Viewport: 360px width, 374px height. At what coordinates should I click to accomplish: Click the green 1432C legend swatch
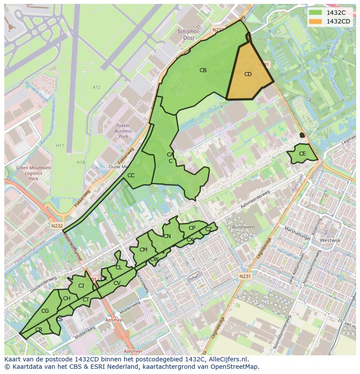click(316, 13)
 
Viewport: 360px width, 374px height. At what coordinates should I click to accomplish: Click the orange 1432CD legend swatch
click(316, 21)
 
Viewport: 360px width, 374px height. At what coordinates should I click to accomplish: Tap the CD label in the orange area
click(248, 74)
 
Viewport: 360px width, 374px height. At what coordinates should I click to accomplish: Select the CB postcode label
click(203, 70)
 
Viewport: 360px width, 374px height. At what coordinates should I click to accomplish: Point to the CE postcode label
click(303, 154)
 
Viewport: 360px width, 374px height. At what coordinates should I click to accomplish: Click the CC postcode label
click(131, 175)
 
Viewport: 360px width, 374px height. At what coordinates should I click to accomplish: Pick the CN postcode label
click(167, 236)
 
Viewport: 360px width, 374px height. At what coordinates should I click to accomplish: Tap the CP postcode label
click(192, 228)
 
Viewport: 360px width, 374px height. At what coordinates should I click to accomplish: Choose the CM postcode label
click(143, 250)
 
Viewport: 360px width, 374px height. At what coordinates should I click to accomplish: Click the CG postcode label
click(45, 311)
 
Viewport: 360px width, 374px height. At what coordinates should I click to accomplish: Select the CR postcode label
click(39, 330)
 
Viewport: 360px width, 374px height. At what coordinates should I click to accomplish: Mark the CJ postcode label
click(81, 286)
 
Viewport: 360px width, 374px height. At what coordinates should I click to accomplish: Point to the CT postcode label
click(86, 300)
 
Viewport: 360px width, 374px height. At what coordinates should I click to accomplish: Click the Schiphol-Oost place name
click(189, 34)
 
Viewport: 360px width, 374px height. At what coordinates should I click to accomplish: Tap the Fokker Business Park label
click(123, 131)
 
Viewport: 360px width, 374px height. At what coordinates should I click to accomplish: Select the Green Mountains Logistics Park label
click(33, 173)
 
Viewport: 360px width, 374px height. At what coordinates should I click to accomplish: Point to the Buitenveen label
click(243, 227)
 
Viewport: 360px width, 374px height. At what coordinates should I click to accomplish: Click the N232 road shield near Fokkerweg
click(57, 226)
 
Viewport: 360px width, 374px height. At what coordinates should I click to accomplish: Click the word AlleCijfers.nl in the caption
click(228, 359)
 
